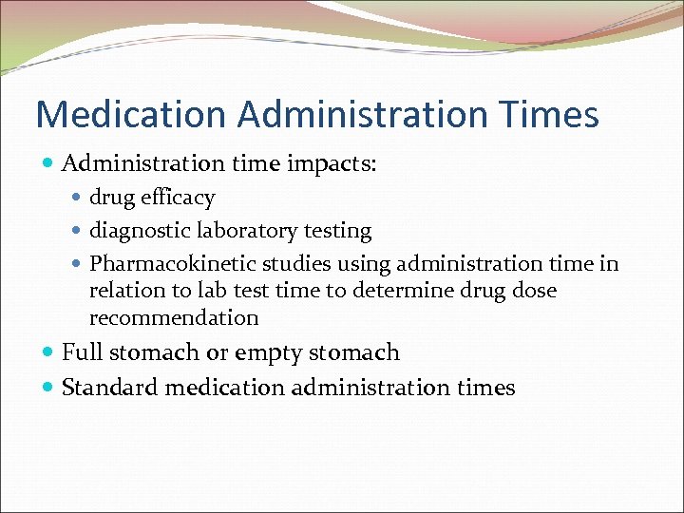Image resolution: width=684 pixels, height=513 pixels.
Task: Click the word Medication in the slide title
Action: (x=131, y=115)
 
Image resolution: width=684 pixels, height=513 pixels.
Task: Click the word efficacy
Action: (x=178, y=198)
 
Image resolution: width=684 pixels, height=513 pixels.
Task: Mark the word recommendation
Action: (x=174, y=317)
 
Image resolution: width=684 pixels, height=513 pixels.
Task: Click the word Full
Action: (x=82, y=352)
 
